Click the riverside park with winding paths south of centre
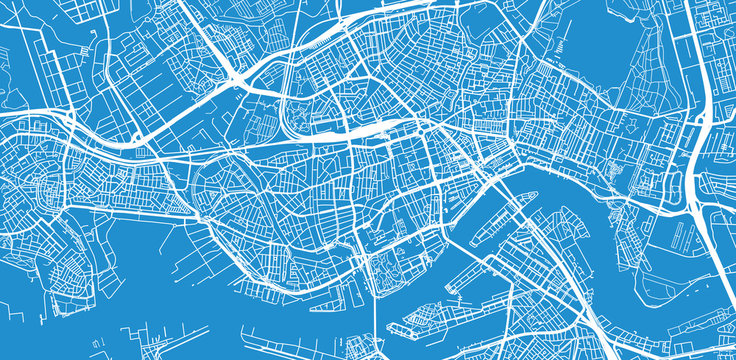click(x=385, y=265)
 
